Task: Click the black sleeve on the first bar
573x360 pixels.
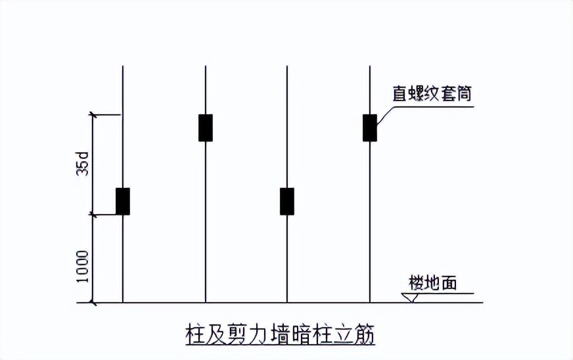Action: (x=123, y=201)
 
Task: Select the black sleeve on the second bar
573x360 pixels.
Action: (x=206, y=127)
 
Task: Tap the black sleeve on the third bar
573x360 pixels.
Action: (x=287, y=201)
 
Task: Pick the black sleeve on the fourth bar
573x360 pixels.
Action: (x=370, y=127)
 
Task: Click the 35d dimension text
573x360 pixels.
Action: (x=82, y=164)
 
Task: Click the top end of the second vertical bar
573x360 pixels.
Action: (x=206, y=66)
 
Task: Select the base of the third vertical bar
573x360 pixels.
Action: (x=287, y=302)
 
